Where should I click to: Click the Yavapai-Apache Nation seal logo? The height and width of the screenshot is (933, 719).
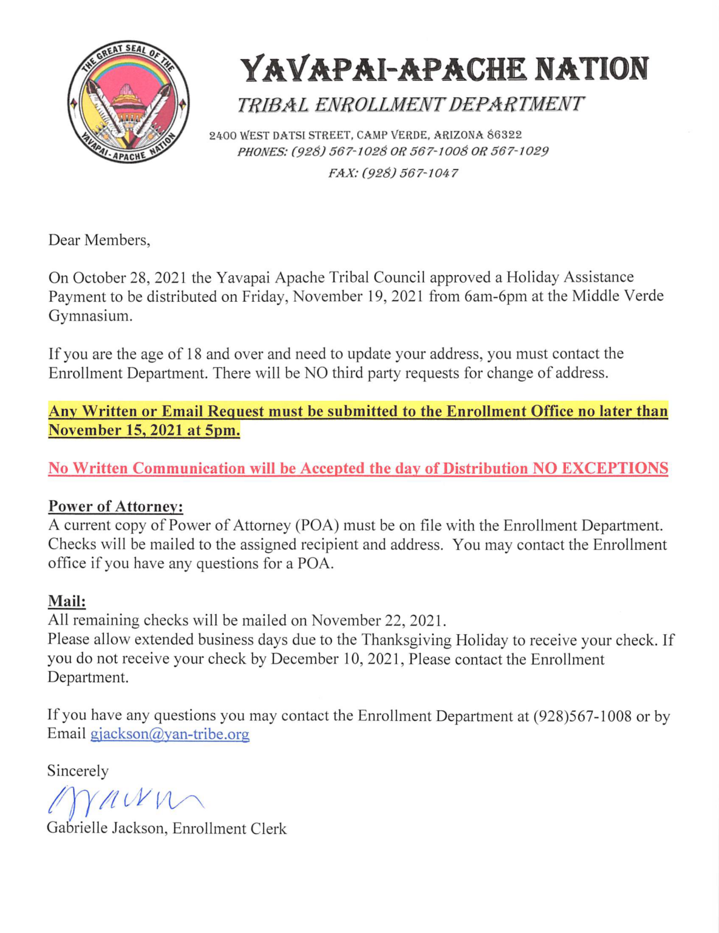(x=128, y=104)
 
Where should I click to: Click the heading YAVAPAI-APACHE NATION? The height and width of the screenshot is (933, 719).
(x=445, y=69)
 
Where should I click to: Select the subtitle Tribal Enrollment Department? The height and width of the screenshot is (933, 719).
(x=410, y=104)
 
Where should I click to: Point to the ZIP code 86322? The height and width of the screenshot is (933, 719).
(x=505, y=134)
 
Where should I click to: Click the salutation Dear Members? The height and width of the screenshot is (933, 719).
(x=99, y=240)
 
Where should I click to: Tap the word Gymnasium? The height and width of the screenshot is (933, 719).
(x=90, y=316)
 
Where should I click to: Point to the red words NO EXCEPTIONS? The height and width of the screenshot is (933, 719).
(x=600, y=468)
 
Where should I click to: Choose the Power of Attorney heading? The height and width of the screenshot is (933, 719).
(x=115, y=506)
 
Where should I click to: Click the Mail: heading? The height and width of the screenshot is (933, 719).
(x=67, y=601)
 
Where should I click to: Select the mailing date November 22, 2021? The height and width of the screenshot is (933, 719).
(x=378, y=620)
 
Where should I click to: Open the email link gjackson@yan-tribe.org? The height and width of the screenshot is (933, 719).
(x=169, y=734)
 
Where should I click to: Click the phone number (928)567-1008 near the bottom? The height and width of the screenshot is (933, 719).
(x=582, y=716)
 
